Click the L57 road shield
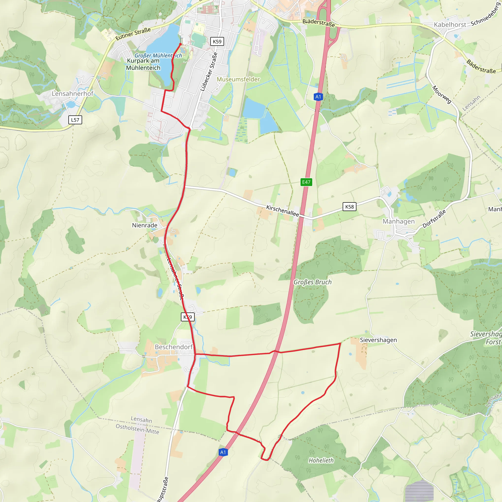pyautogui.click(x=75, y=120)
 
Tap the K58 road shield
pyautogui.click(x=349, y=207)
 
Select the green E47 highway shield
pyautogui.click(x=306, y=182)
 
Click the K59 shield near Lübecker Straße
pyautogui.click(x=217, y=42)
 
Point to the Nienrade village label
pyautogui.click(x=144, y=225)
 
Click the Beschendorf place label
pyautogui.click(x=174, y=347)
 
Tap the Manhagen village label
pyautogui.click(x=399, y=221)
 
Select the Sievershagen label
pyautogui.click(x=378, y=340)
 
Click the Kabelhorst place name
pyautogui.click(x=450, y=25)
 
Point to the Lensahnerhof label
pyautogui.click(x=73, y=94)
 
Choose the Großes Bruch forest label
pyautogui.click(x=313, y=282)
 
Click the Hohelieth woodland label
pyautogui.click(x=321, y=460)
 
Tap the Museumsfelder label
pyautogui.click(x=238, y=79)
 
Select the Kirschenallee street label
pyautogui.click(x=282, y=211)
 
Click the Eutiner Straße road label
pyautogui.click(x=133, y=34)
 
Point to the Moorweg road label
pyautogui.click(x=442, y=94)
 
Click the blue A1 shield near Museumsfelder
pyautogui.click(x=318, y=97)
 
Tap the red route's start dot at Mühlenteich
pyautogui.click(x=180, y=44)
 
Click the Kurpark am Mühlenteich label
pyautogui.click(x=143, y=64)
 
